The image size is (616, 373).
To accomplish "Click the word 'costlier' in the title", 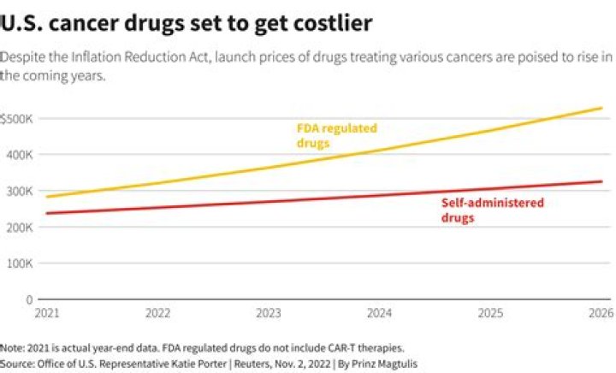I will click(x=329, y=23).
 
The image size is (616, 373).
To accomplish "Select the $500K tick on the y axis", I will click(x=17, y=118).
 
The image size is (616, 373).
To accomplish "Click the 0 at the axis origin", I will click(x=29, y=300).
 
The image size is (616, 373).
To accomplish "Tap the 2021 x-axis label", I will click(x=47, y=313).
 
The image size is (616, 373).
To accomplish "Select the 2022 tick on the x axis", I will click(x=158, y=313).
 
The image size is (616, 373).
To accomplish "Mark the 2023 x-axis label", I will click(x=269, y=313).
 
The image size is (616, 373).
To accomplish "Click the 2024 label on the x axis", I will click(x=380, y=313).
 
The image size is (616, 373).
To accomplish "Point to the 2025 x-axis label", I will click(x=491, y=313).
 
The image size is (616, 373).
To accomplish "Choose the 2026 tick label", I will click(x=601, y=313).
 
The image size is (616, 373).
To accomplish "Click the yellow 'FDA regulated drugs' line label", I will click(x=336, y=135).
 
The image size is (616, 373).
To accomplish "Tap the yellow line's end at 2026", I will click(x=602, y=108).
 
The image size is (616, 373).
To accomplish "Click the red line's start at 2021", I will click(x=47, y=213).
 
